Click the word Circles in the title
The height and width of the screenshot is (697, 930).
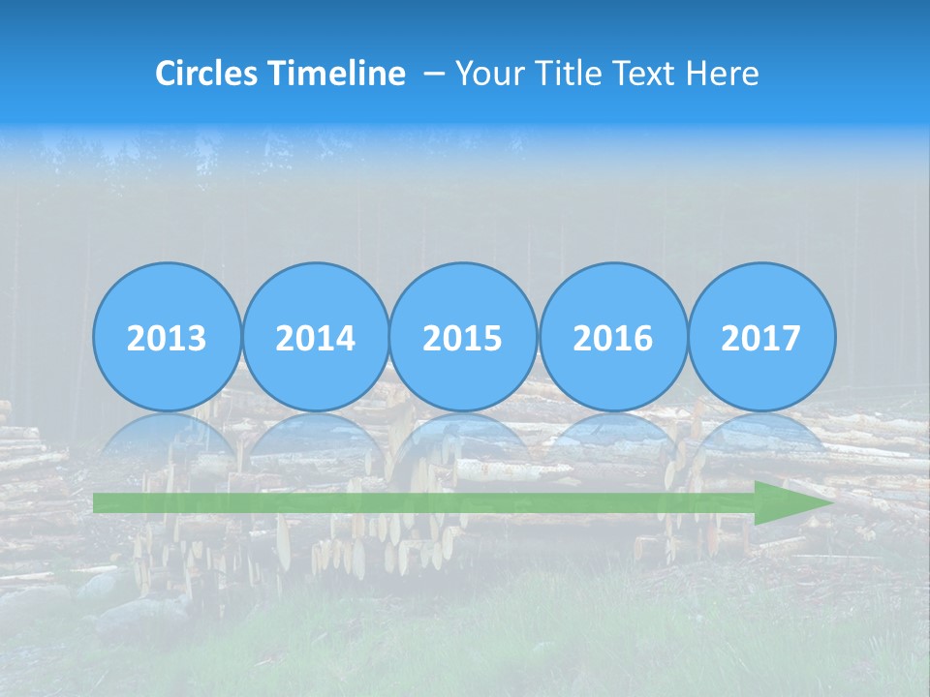tap(208, 74)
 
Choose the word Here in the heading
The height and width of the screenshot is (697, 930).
tap(723, 74)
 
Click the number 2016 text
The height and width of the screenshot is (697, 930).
tap(612, 339)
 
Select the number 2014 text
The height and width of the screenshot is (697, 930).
tap(315, 339)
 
